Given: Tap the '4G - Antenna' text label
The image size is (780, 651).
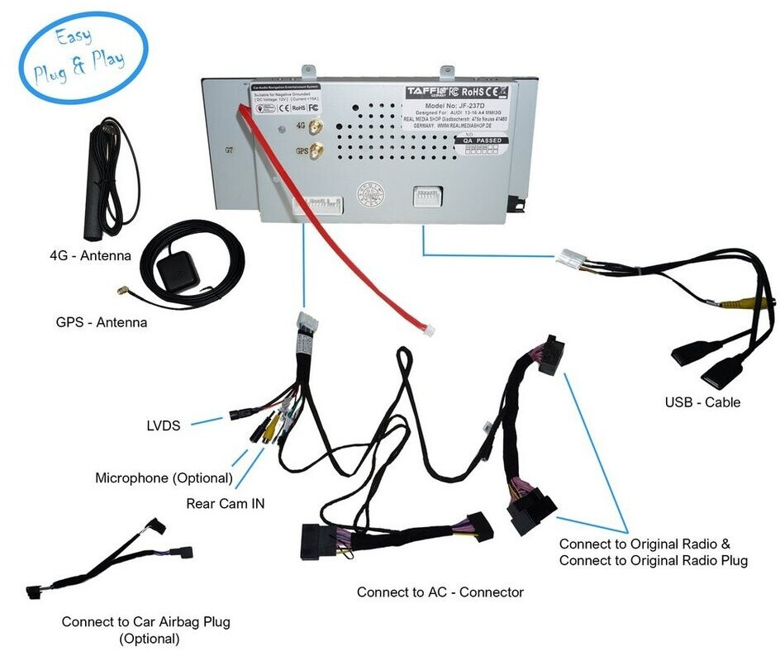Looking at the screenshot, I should (90, 256).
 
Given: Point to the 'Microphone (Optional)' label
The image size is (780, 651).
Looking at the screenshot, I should (164, 478).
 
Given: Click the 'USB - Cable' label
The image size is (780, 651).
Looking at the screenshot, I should (702, 403).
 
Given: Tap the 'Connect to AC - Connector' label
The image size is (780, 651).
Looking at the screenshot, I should (440, 592).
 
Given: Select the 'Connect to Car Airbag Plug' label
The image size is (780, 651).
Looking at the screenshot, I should (146, 622).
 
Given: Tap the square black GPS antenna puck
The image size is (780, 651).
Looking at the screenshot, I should (177, 268).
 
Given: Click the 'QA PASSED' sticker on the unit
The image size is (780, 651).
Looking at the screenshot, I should (483, 140).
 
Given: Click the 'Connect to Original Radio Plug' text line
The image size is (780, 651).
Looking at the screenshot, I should (653, 561).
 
